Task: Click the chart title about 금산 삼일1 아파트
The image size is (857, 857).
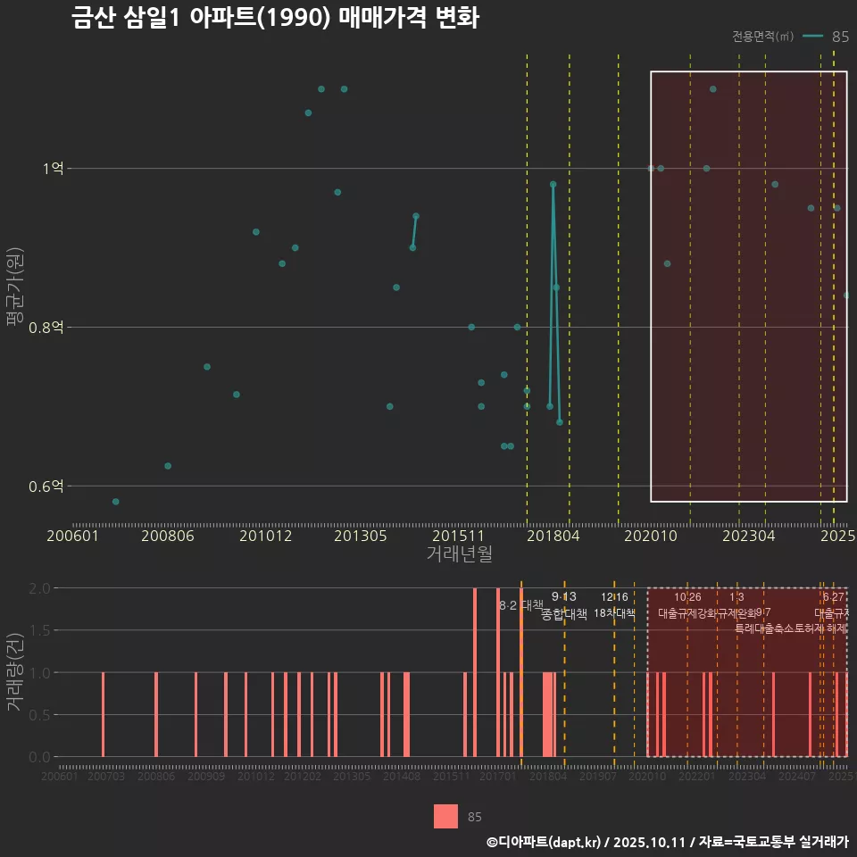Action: [x=275, y=19]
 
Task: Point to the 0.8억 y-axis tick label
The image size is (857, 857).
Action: [x=46, y=328]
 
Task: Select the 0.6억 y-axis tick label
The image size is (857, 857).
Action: [x=46, y=487]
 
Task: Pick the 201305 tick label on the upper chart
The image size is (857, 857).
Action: [x=360, y=536]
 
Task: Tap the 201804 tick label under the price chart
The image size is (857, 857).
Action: [x=553, y=536]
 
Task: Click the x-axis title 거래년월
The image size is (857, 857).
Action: [x=459, y=554]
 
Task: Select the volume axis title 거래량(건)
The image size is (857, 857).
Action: [x=14, y=672]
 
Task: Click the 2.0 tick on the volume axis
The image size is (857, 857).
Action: [x=40, y=588]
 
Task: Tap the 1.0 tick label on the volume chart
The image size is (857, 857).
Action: [x=40, y=672]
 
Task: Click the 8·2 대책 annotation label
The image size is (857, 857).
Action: [x=520, y=605]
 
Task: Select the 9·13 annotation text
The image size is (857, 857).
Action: [x=564, y=596]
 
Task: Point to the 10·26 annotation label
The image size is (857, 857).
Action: [x=687, y=596]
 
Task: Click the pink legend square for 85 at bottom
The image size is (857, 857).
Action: [x=445, y=817]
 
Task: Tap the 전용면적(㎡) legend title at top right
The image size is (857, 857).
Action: [x=762, y=37]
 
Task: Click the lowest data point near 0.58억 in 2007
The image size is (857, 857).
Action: [x=116, y=502]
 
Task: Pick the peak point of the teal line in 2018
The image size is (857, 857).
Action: [x=553, y=184]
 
